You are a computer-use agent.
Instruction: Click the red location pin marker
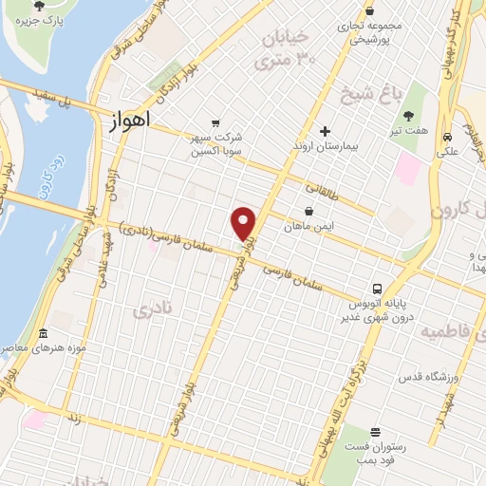coord(244,223)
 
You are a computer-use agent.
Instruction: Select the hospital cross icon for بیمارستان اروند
coord(326,130)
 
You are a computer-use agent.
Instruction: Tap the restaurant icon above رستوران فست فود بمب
coord(375,432)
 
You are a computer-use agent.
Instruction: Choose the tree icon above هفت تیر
coord(408,116)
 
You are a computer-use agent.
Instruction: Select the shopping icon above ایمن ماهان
coord(309,211)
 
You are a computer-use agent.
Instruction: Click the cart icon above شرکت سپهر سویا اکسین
coord(216,123)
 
